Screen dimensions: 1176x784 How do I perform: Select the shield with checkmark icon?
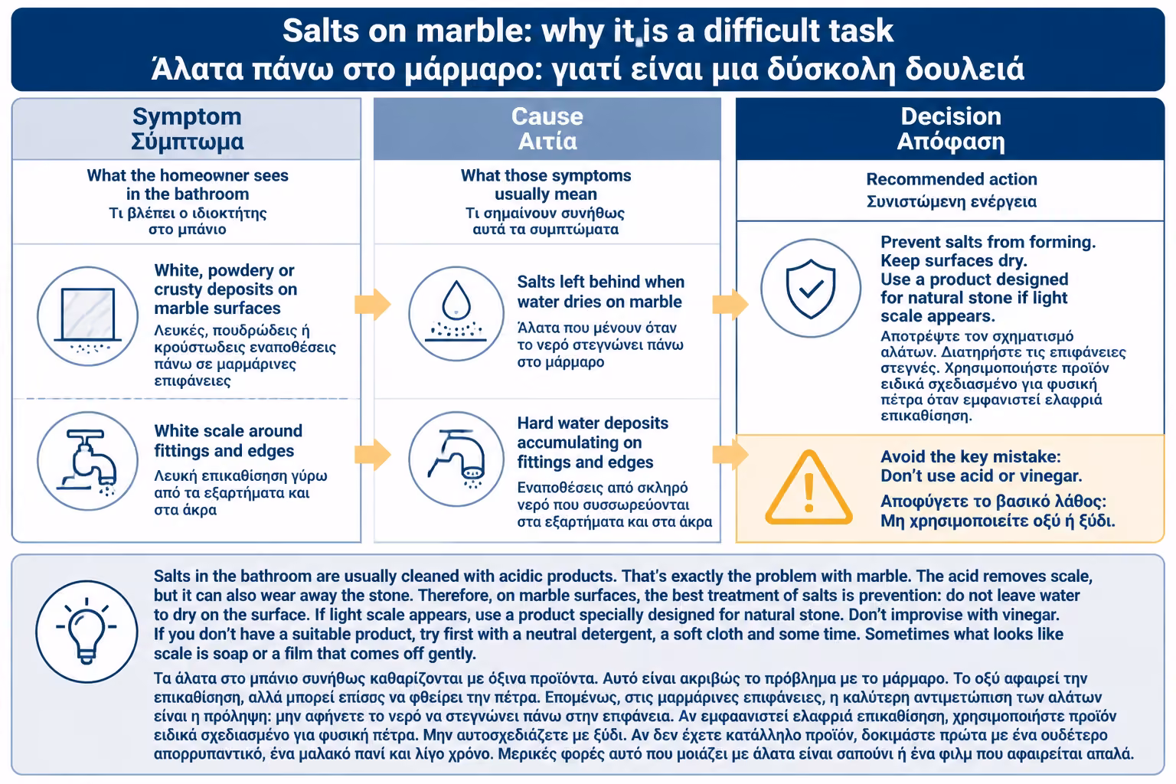(x=811, y=289)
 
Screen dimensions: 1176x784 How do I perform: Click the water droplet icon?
(x=456, y=313)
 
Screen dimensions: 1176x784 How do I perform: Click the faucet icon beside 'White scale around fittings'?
(x=88, y=461)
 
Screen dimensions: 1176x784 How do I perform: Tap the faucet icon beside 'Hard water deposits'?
(x=456, y=459)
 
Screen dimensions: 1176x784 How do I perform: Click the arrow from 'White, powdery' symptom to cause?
(x=373, y=304)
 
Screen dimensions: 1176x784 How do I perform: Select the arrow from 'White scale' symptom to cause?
(x=373, y=454)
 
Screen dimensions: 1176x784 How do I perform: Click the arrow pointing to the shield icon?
(x=730, y=304)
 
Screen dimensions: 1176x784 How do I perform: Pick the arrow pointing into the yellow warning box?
(x=730, y=454)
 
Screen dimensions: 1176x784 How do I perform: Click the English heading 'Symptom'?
(x=187, y=116)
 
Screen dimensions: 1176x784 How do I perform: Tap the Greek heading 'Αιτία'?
(x=547, y=141)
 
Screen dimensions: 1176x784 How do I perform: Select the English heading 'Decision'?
(x=951, y=116)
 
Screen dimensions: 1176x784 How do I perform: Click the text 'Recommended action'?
(x=952, y=179)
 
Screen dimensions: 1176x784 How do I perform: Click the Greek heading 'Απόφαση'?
(x=951, y=142)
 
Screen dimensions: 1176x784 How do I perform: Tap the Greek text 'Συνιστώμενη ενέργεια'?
(x=952, y=201)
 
